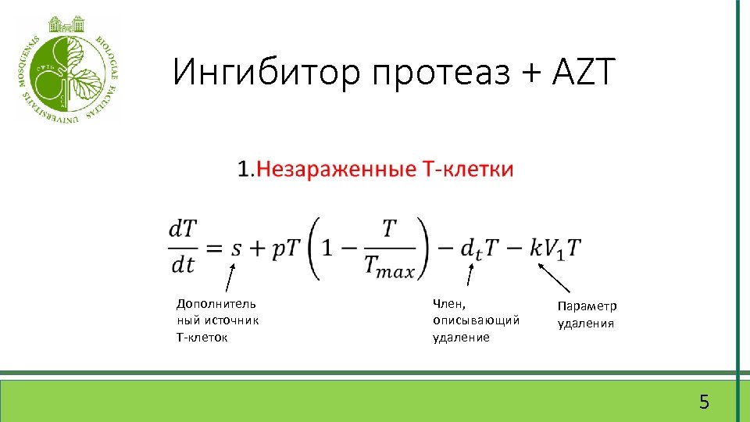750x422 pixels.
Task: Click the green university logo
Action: coord(68,69)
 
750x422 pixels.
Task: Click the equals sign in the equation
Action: coord(214,248)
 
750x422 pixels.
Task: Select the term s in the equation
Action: coord(237,248)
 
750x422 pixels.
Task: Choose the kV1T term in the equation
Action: coord(555,248)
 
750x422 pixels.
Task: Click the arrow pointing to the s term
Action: coord(231,278)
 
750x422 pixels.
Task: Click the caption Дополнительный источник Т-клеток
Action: coord(217,320)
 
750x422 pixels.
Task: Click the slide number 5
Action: coord(704,402)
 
